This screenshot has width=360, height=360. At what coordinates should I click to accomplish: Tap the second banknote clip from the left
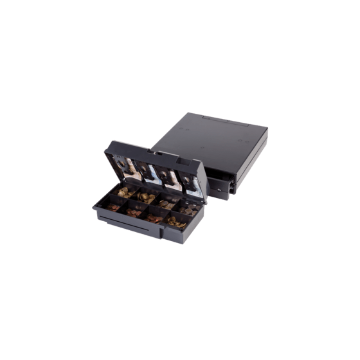(x=149, y=171)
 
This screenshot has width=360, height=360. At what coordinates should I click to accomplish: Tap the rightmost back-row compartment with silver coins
(x=189, y=209)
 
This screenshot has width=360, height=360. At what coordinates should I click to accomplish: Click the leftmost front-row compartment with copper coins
(x=114, y=207)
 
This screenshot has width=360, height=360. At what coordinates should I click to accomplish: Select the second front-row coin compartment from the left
(x=135, y=212)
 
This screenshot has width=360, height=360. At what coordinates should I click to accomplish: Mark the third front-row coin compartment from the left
(x=154, y=218)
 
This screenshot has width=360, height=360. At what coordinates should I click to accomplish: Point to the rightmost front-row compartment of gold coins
(x=176, y=223)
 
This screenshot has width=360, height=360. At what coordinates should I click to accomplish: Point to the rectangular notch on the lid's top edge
(x=154, y=152)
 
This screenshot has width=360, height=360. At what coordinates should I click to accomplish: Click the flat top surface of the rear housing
(x=206, y=138)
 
